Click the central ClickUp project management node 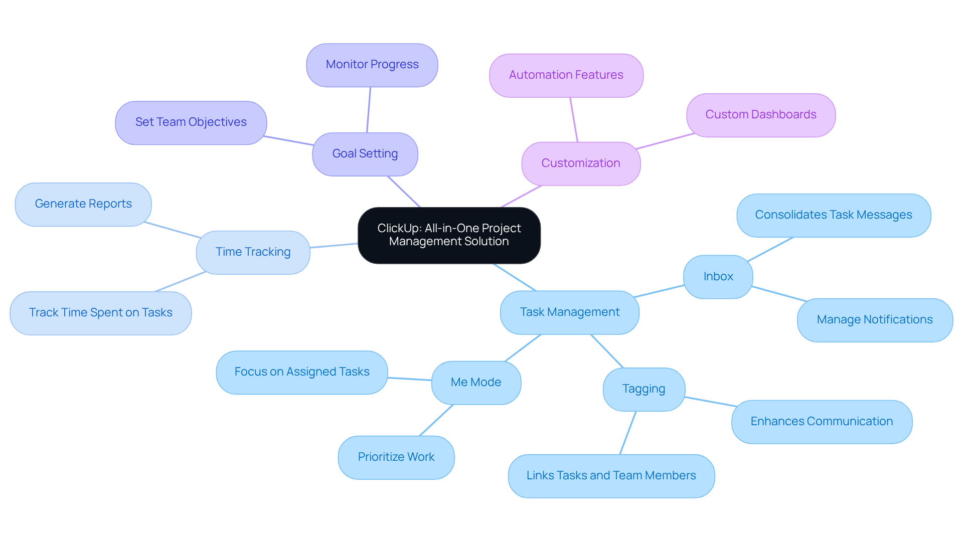pyautogui.click(x=449, y=235)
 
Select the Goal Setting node pyautogui.click(x=365, y=154)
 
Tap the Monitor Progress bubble pyautogui.click(x=372, y=65)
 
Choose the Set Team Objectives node pyautogui.click(x=191, y=122)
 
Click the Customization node pyautogui.click(x=581, y=163)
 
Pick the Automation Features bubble pyautogui.click(x=566, y=75)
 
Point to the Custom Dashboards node pyautogui.click(x=760, y=115)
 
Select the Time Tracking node pyautogui.click(x=253, y=252)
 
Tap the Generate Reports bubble pyautogui.click(x=83, y=204)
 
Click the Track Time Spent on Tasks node pyautogui.click(x=100, y=313)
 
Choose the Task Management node pyautogui.click(x=569, y=312)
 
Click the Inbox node pyautogui.click(x=718, y=277)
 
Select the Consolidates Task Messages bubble pyautogui.click(x=833, y=215)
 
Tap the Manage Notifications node pyautogui.click(x=874, y=320)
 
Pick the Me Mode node pyautogui.click(x=475, y=383)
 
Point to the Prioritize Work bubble pyautogui.click(x=396, y=457)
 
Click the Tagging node pyautogui.click(x=644, y=389)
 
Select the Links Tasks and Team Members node pyautogui.click(x=611, y=476)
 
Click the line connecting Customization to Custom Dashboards pyautogui.click(x=665, y=141)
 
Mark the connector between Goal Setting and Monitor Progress pyautogui.click(x=369, y=110)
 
